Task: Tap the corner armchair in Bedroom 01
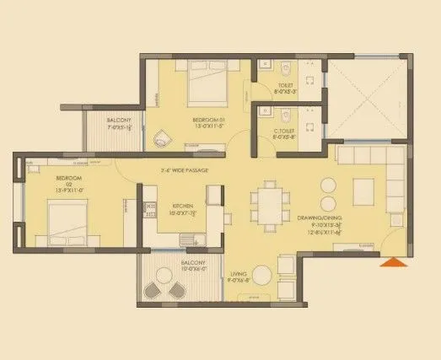coord(163,137)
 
